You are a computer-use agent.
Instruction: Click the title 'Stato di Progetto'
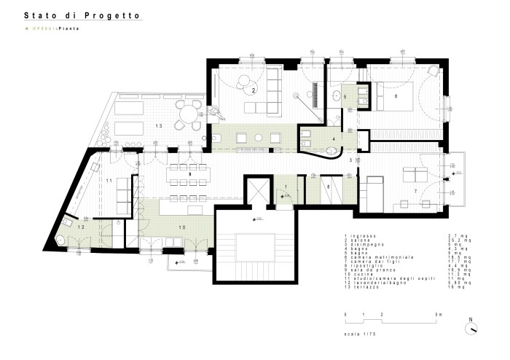(82, 15)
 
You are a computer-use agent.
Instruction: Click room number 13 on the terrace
(157, 126)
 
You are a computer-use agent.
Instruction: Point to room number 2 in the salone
(253, 90)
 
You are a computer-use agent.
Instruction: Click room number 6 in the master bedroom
(396, 95)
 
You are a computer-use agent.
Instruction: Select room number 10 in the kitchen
(182, 228)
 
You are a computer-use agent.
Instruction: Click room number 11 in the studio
(109, 179)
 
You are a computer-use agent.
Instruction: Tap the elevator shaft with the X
(256, 192)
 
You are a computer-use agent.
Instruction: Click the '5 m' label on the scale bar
(439, 315)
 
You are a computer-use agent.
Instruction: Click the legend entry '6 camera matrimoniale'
(379, 257)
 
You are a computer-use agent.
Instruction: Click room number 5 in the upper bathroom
(345, 96)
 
